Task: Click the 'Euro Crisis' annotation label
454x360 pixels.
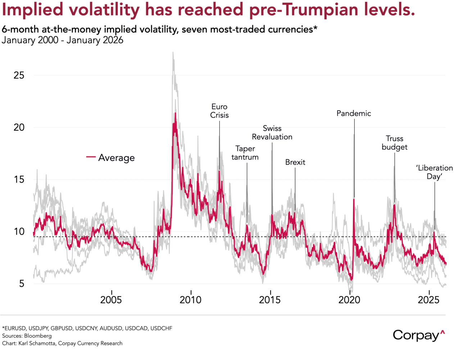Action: pos(219,111)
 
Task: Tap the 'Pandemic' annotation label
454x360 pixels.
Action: pos(354,113)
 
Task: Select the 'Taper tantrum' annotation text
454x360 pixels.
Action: pos(245,153)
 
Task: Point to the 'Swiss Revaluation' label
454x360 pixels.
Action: pos(272,133)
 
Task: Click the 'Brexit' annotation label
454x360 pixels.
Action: pos(295,162)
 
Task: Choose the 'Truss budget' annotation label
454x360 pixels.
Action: pos(395,143)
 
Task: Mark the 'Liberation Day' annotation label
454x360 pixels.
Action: pos(434,172)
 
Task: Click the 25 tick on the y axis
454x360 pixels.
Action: pos(19,75)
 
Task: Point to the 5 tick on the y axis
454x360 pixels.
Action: pos(22,284)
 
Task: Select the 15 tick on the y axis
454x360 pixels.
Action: pos(19,180)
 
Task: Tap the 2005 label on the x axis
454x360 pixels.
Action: pos(111,300)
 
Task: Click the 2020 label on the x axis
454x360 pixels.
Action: pos(349,300)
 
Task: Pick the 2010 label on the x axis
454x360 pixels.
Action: pos(191,300)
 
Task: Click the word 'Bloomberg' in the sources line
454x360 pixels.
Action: pos(38,336)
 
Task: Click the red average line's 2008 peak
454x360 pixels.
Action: pos(175,113)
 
